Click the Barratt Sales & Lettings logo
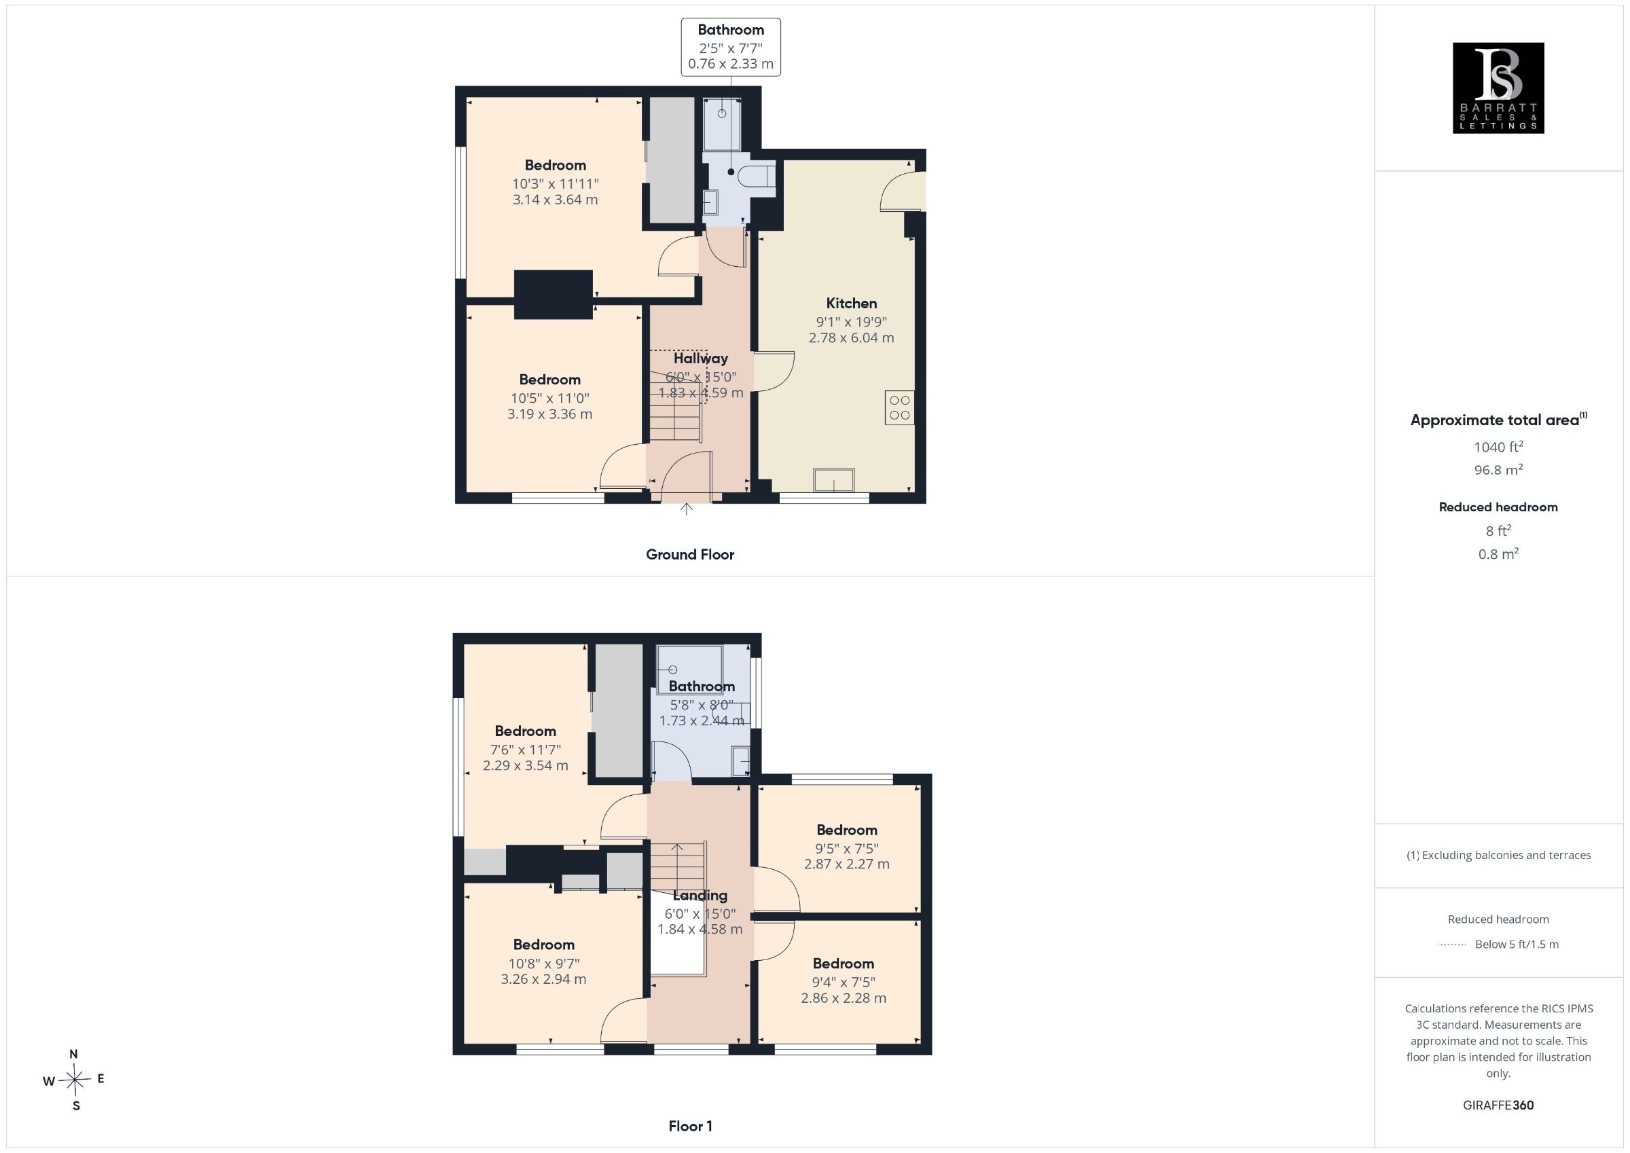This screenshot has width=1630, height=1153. (1498, 88)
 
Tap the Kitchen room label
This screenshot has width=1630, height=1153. (851, 303)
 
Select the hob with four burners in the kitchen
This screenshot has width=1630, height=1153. (899, 407)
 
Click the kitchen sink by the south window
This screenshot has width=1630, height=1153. (834, 480)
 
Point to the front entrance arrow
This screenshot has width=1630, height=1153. (686, 509)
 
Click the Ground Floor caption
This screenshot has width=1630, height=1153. (690, 555)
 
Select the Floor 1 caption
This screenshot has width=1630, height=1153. (690, 1126)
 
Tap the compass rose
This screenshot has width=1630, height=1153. (75, 1080)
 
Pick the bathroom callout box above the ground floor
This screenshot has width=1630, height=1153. (731, 47)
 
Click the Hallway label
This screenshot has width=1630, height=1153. (701, 359)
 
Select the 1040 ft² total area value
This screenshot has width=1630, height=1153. (1498, 447)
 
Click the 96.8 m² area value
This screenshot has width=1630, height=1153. (1498, 469)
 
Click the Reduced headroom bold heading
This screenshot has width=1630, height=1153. (1498, 507)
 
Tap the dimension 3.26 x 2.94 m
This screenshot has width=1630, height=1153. (544, 979)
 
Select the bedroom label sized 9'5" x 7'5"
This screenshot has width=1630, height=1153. (846, 830)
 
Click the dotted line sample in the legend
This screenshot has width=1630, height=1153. (1452, 945)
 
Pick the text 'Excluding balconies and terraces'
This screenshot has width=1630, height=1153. (1506, 856)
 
